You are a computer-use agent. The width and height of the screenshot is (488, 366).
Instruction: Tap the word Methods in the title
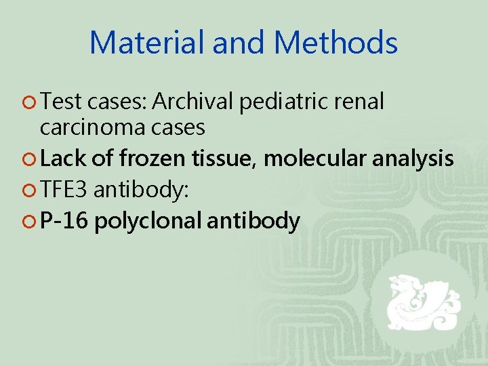(336, 43)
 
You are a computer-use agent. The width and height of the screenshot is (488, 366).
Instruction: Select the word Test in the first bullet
(60, 102)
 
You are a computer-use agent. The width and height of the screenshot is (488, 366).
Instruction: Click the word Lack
(62, 159)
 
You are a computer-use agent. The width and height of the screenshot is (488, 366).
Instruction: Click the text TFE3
(64, 190)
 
